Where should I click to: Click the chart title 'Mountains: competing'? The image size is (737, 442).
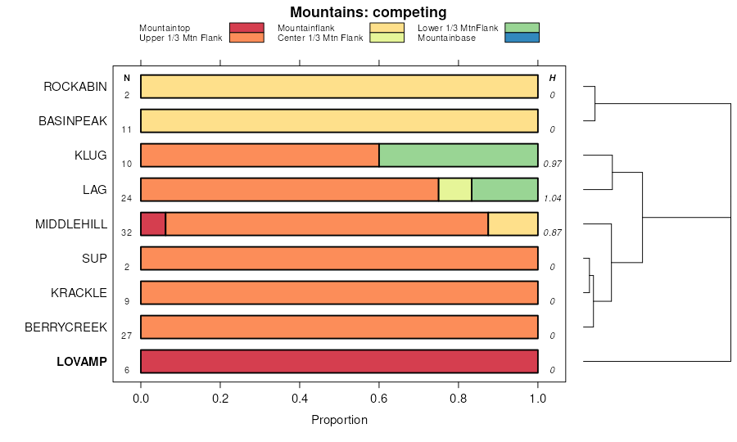coord(368,12)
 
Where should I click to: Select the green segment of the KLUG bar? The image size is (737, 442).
coord(458,156)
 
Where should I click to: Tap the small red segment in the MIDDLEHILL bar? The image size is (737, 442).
coord(153,224)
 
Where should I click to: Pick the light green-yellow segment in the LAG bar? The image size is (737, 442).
coord(454,190)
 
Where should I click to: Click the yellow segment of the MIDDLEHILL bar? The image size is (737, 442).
coord(513,224)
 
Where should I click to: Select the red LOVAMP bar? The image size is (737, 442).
coord(339,362)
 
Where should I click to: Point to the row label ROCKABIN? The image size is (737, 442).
coord(75,87)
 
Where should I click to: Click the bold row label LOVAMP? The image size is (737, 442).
coord(82,362)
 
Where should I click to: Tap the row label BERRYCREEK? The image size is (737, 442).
coord(66,327)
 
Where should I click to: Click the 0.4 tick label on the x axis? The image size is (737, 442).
coord(300,399)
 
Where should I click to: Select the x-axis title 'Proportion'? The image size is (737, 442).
coord(339,420)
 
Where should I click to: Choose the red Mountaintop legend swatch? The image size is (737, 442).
coord(246,28)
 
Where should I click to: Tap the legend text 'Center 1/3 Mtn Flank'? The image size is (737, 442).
coord(320,38)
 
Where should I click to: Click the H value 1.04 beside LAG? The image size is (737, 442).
coord(553,198)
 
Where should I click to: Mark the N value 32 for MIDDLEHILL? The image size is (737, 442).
coord(127,232)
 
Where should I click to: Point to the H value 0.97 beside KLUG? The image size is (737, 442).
coord(553,164)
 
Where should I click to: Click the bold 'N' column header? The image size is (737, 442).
coord(127,78)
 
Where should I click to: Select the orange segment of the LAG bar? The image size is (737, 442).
coord(289,190)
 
